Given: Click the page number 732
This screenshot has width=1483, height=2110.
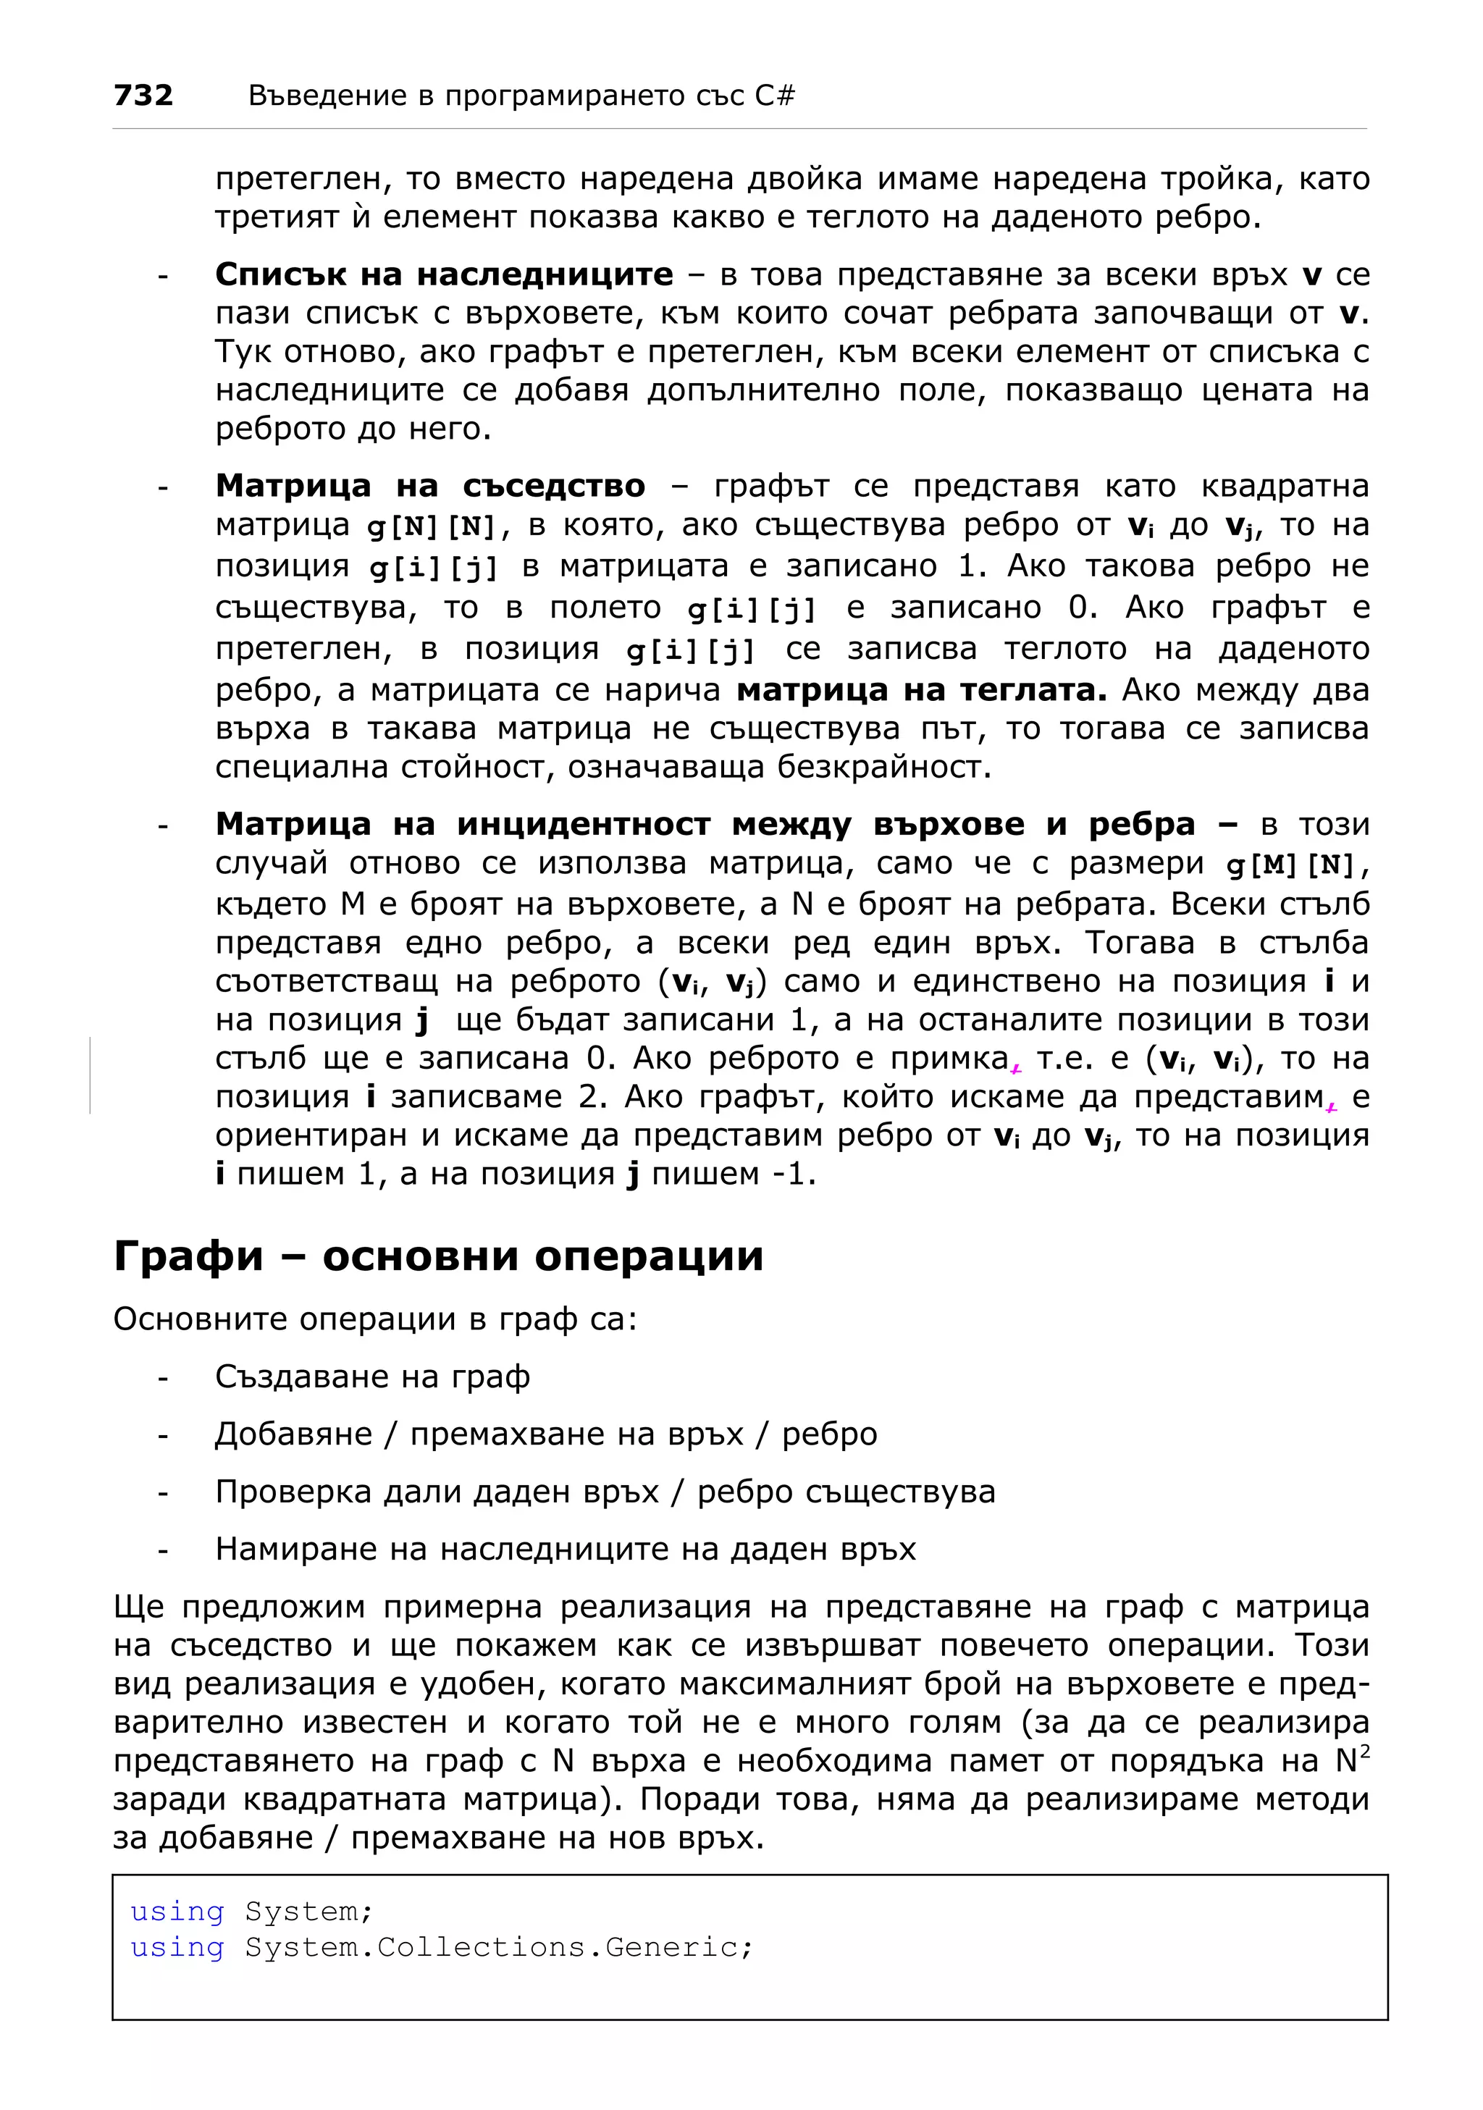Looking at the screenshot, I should point(143,95).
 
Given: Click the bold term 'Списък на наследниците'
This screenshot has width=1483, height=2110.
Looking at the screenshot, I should point(444,274).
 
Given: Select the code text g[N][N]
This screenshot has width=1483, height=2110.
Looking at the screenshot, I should point(431,526).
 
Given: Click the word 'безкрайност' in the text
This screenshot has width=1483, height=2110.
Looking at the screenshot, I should point(883,765).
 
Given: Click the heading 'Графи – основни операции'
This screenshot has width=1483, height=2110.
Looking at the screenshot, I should point(438,1256).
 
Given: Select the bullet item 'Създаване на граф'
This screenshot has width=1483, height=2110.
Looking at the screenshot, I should point(372,1376).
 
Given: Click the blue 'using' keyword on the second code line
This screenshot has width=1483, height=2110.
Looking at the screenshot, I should point(177,1946).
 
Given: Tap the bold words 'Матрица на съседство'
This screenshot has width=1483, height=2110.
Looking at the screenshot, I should point(430,485).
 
